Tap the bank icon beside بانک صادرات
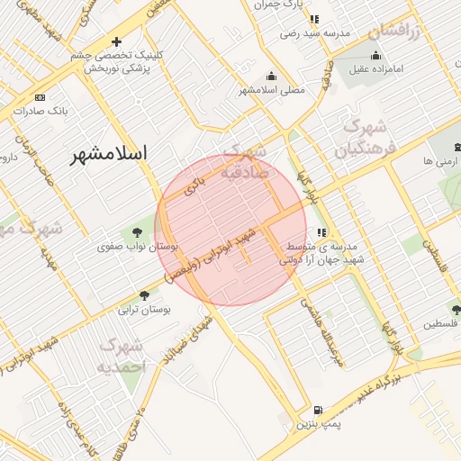(39, 97)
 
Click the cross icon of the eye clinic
(116, 42)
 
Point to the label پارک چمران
(278, 5)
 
